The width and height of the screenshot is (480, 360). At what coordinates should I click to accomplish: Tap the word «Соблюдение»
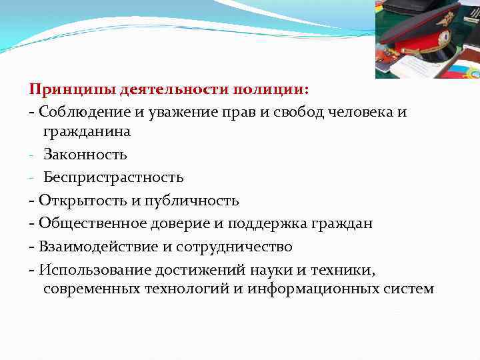[x=77, y=111]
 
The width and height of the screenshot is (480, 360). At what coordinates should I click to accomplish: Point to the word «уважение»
[x=167, y=111]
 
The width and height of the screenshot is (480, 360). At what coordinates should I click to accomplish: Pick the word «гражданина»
[x=87, y=131]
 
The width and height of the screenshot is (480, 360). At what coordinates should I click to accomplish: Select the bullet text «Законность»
[x=85, y=155]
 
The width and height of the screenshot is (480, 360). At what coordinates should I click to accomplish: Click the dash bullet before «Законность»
[x=32, y=155]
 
